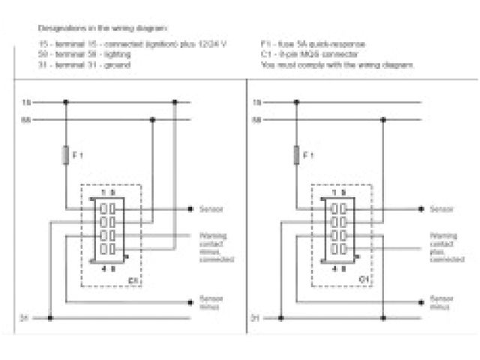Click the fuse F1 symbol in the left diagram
[x=66, y=155]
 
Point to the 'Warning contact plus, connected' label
[x=443, y=247]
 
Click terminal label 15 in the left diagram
[x=25, y=101]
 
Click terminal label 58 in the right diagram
[x=256, y=118]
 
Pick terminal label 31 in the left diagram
[x=24, y=318]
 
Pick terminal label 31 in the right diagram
[x=255, y=318]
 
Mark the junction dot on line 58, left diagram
[x=152, y=118]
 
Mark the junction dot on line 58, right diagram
[x=383, y=118]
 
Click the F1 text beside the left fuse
[x=76, y=155]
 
